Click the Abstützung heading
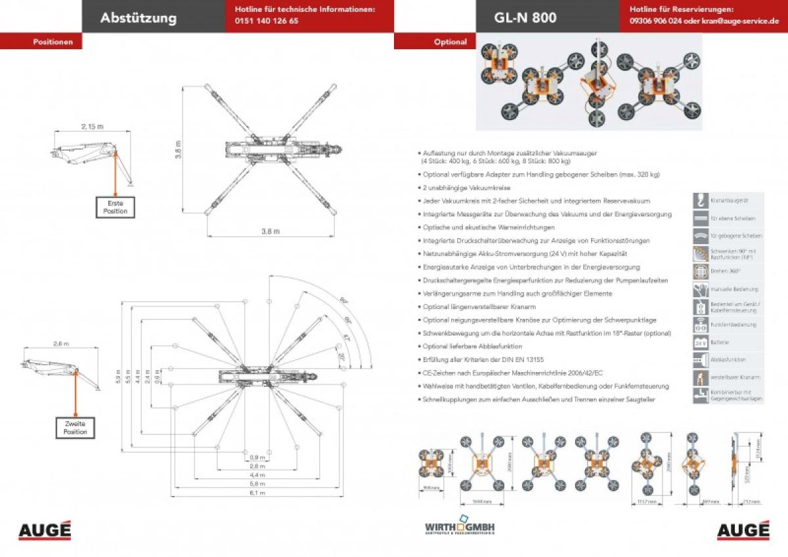point(138,18)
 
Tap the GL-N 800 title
point(525,18)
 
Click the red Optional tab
point(450,42)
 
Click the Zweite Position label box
point(76,428)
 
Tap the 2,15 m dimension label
point(92,125)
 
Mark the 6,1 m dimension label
point(257,492)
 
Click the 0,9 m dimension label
point(257,457)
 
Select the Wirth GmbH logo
point(460,527)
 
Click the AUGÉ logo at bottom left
point(45,529)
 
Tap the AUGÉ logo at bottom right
point(743,529)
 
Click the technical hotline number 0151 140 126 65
point(266,21)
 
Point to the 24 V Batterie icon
point(700,342)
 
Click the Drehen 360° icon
point(700,272)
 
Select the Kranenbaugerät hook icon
point(700,200)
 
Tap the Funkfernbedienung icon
point(700,325)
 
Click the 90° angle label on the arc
point(343,300)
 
